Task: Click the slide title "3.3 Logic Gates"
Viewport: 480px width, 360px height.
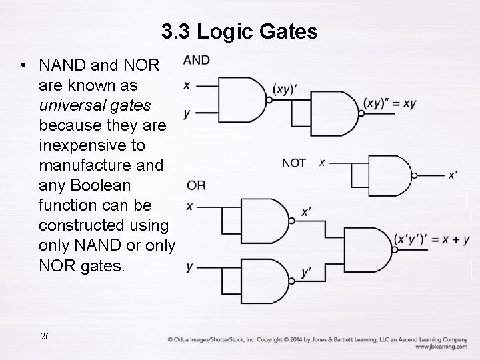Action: point(239,31)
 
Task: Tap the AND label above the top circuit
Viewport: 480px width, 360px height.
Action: point(196,61)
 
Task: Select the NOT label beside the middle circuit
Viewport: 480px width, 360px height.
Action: point(294,163)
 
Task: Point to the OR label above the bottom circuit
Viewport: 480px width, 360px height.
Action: point(196,185)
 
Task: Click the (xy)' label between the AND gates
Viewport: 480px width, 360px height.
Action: point(285,89)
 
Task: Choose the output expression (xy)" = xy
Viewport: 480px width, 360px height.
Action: point(390,103)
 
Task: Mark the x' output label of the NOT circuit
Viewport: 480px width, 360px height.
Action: point(453,175)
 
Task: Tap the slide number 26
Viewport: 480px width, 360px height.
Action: point(45,335)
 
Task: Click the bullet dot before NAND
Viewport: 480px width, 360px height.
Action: point(24,66)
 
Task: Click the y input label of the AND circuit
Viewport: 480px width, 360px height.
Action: point(187,113)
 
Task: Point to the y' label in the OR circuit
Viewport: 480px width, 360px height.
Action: point(307,272)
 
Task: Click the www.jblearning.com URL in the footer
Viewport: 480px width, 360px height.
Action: point(441,347)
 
